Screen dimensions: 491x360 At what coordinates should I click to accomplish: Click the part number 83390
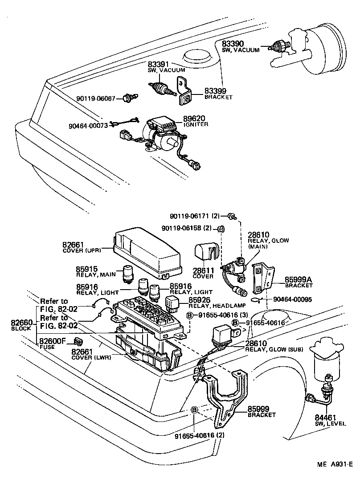tap(234, 44)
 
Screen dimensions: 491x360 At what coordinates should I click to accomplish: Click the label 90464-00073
tap(88, 126)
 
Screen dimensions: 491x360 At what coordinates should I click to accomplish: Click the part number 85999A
tap(299, 280)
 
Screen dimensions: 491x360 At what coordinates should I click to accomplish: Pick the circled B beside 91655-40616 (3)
tap(189, 315)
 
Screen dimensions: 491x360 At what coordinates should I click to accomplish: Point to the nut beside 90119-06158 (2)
tap(220, 229)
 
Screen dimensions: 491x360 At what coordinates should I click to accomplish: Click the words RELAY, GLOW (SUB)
tap(274, 350)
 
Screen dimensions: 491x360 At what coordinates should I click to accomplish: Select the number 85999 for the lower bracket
tap(258, 408)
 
